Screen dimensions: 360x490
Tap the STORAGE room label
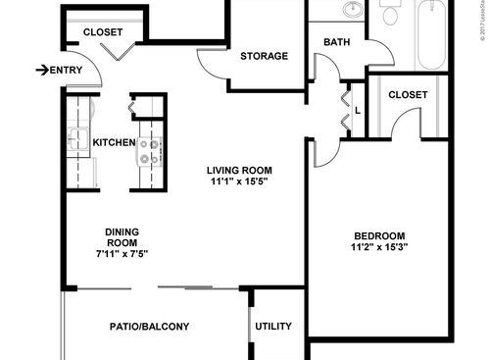[265, 56]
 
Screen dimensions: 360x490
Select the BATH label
[337, 43]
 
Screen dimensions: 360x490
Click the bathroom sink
[351, 11]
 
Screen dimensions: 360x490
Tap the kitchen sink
[78, 137]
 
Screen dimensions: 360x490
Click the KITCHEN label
[114, 143]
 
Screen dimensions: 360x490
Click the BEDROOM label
[378, 235]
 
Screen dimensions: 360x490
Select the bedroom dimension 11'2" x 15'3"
[378, 248]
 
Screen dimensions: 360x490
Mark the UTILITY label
[272, 327]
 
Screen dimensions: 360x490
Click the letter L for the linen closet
[358, 111]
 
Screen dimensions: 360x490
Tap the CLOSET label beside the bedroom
[407, 95]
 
